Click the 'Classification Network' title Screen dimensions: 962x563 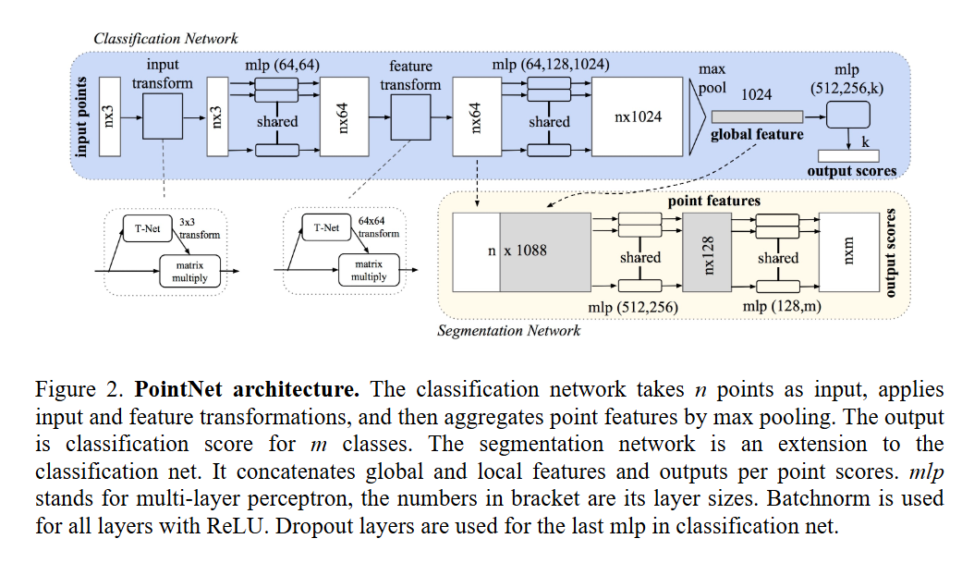point(165,39)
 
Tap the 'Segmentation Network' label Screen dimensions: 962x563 point(508,331)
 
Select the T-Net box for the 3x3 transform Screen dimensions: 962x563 point(147,228)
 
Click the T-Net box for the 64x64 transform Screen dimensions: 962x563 point(326,227)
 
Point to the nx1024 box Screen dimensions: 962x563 point(638,116)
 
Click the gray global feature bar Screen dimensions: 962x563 point(757,116)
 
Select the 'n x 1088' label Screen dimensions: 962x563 point(518,251)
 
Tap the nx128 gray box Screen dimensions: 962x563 point(707,252)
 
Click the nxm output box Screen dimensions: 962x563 point(849,252)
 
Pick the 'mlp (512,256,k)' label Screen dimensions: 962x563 point(846,80)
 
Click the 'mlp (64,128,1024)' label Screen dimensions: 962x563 point(551,65)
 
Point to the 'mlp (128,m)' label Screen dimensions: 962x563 point(782,306)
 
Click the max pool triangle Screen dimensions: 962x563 point(697,116)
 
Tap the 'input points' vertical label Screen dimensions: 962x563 point(81,116)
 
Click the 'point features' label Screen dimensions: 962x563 point(714,201)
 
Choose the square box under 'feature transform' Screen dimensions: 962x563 point(410,116)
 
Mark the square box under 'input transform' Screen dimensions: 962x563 point(163,116)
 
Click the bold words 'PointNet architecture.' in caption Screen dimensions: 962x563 point(247,389)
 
